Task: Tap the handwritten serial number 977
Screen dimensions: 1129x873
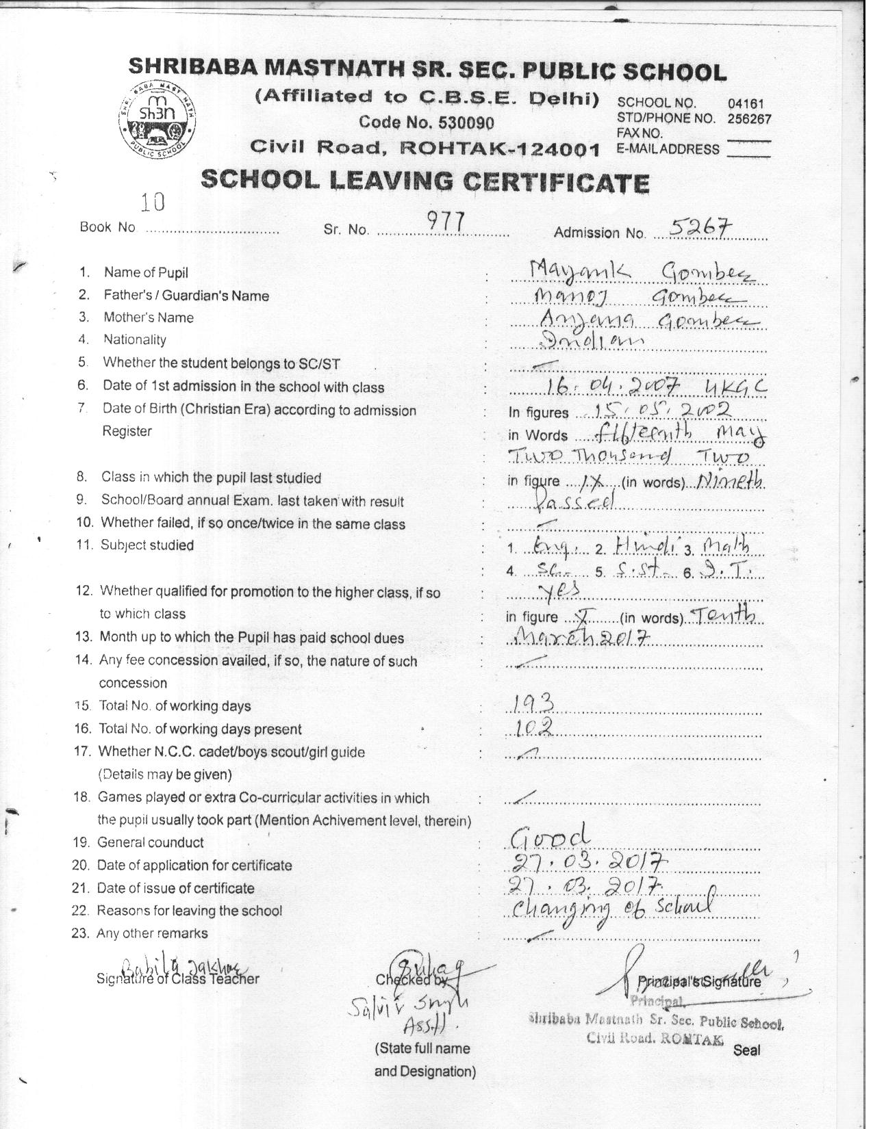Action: pos(446,220)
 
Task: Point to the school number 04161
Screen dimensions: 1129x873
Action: pos(746,104)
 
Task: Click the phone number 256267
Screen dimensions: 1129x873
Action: pos(749,118)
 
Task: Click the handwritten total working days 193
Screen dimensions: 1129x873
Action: pos(533,703)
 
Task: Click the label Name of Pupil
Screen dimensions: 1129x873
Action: pos(146,272)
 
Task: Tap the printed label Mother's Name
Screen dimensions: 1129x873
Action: pos(148,317)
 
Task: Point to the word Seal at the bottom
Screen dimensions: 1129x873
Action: pos(746,1050)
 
